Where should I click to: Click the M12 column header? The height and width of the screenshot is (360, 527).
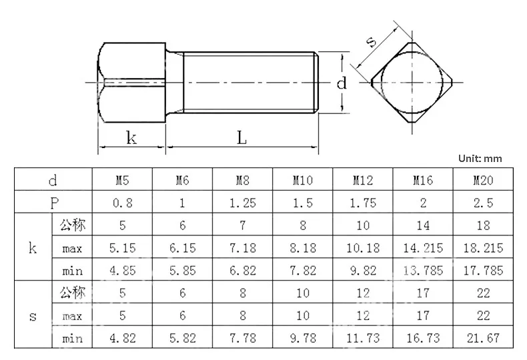363,179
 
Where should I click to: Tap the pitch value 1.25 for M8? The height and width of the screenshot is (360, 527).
243,202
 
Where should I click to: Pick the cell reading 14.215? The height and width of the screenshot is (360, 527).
423,248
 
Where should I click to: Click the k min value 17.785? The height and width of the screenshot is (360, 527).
483,271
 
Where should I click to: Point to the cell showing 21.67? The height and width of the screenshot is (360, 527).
483,338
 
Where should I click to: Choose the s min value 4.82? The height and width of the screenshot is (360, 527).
123,338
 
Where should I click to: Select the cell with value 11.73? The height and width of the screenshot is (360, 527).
363,338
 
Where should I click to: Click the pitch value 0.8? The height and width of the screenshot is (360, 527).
123,202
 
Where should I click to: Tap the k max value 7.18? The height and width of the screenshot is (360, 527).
243,248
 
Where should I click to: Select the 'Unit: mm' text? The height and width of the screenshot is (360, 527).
480,159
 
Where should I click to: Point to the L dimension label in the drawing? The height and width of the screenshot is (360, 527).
241,138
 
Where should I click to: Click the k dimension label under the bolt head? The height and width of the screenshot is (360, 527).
131,138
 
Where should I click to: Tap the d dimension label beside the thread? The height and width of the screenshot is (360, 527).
342,83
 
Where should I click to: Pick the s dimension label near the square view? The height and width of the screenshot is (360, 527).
372,43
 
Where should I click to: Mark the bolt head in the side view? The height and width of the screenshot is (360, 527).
131,83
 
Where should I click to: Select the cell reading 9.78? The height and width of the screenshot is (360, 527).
303,338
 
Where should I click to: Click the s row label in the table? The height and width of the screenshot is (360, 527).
33,316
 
